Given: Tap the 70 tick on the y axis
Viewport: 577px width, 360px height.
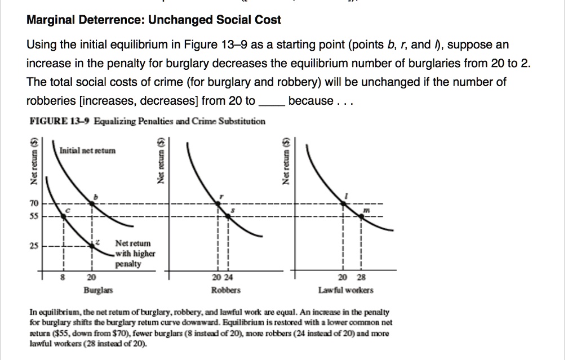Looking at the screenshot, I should point(34,203).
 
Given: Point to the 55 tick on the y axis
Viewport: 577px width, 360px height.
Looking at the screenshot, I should point(34,216).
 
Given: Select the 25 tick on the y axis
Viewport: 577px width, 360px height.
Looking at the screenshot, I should point(34,245).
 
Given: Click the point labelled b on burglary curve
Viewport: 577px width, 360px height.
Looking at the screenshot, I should point(93,203).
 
